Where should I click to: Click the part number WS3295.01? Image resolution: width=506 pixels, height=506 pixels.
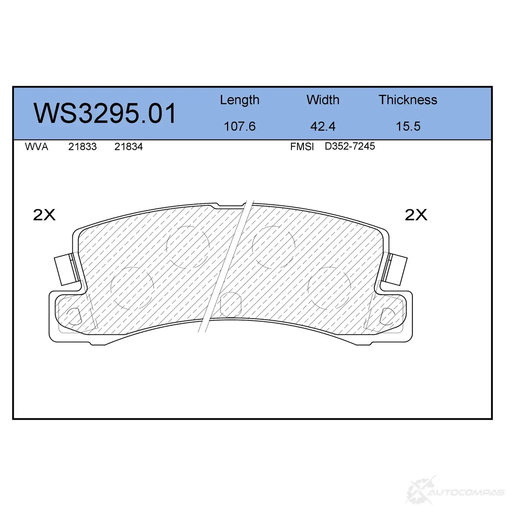point(105,113)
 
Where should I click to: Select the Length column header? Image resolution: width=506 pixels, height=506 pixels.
point(239,100)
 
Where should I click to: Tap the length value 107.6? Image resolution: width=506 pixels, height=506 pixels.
point(240,126)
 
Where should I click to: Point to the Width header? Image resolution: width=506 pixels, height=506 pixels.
point(323,100)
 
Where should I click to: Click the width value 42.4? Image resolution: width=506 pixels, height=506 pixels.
point(323,126)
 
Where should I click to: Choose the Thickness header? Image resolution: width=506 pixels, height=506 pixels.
point(408,100)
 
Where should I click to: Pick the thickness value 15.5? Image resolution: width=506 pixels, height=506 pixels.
point(408,126)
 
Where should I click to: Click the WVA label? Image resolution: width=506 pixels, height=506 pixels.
point(37,146)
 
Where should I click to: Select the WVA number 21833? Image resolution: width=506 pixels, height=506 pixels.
point(82,146)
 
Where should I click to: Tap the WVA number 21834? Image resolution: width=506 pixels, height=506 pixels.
point(128,146)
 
